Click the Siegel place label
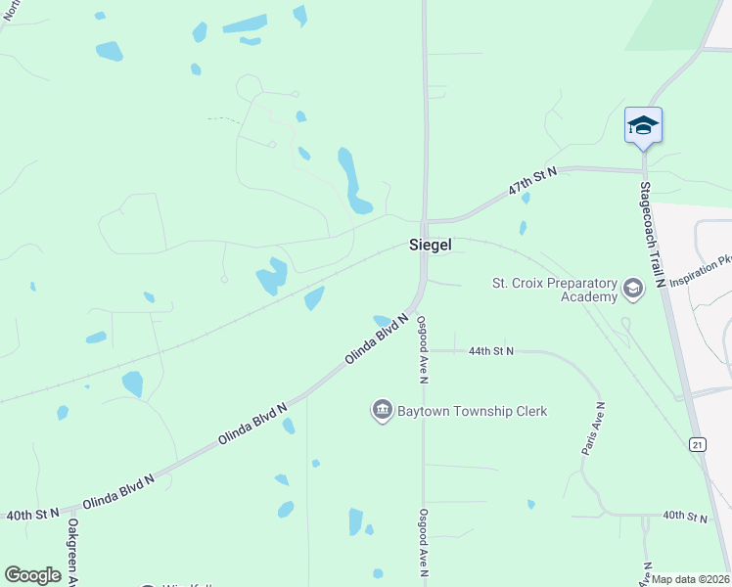[430, 247]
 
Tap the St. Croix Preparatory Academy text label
[554, 291]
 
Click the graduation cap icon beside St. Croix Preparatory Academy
[632, 290]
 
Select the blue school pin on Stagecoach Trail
[643, 125]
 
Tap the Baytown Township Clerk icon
[382, 410]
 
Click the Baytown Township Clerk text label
[472, 411]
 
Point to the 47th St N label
[531, 184]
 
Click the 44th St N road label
[491, 350]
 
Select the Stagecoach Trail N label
[653, 234]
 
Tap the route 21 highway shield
[697, 444]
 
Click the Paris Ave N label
[593, 428]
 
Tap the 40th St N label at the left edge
[32, 514]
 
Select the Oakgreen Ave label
[72, 553]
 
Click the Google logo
[32, 574]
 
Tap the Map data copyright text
[691, 579]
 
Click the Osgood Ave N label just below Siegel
[423, 348]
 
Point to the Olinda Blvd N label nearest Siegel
[377, 339]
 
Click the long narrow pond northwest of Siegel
[352, 181]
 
